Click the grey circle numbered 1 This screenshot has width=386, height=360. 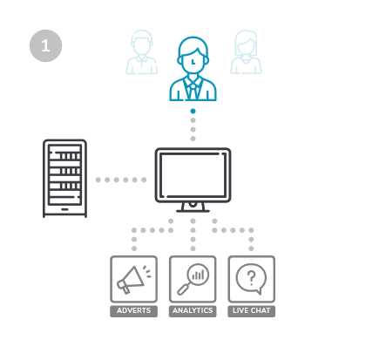pos(45,45)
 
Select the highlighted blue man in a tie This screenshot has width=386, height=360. pos(193,69)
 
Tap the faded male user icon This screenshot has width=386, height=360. pos(142,52)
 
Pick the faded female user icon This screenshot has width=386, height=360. pos(246,52)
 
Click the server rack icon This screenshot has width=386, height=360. pos(64,178)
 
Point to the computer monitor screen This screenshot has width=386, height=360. pos(193,175)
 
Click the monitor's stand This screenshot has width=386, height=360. pos(193,207)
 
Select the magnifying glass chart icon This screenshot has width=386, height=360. pos(193,279)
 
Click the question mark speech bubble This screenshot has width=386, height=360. pos(251,279)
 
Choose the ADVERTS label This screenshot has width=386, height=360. pos(134,311)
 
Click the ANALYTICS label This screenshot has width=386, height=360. pos(193,311)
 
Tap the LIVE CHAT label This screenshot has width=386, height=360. pos(252,311)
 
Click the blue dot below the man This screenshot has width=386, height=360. pos(193,111)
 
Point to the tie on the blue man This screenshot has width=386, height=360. pos(193,90)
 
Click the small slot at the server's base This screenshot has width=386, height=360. pos(64,209)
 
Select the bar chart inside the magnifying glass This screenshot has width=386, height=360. pos(199,275)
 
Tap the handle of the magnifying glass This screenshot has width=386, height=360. pos(183,289)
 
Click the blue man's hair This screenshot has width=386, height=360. pos(193,46)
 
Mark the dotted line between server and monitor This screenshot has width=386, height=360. pos(121,180)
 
